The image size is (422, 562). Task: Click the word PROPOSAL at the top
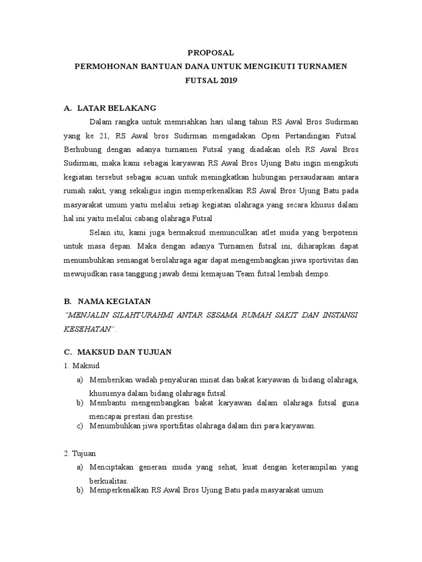coord(210,53)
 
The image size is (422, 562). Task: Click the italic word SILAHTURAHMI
coord(147,315)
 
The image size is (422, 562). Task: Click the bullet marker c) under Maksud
coord(80,426)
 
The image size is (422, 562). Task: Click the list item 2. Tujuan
coord(80,453)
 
